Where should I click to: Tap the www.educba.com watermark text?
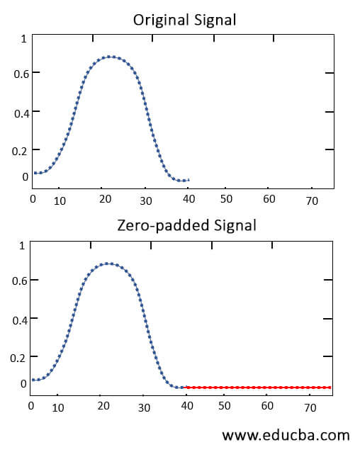tap(286, 434)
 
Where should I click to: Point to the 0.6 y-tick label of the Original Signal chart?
tap(21, 73)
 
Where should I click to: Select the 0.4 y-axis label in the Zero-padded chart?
tap(20, 319)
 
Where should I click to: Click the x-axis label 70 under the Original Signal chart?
tap(312, 201)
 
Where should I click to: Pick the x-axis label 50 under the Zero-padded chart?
tap(225, 407)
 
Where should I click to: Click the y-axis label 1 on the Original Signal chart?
tap(23, 39)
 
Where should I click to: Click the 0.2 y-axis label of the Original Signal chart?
tap(21, 150)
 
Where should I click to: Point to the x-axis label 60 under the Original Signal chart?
tap(269, 200)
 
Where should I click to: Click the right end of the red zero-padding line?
tap(330, 388)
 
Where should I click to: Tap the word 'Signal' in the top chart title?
tap(215, 20)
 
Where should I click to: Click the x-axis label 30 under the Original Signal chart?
tap(145, 200)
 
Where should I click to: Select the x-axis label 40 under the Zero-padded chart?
tap(186, 407)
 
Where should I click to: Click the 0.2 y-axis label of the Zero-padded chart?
tap(20, 357)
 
